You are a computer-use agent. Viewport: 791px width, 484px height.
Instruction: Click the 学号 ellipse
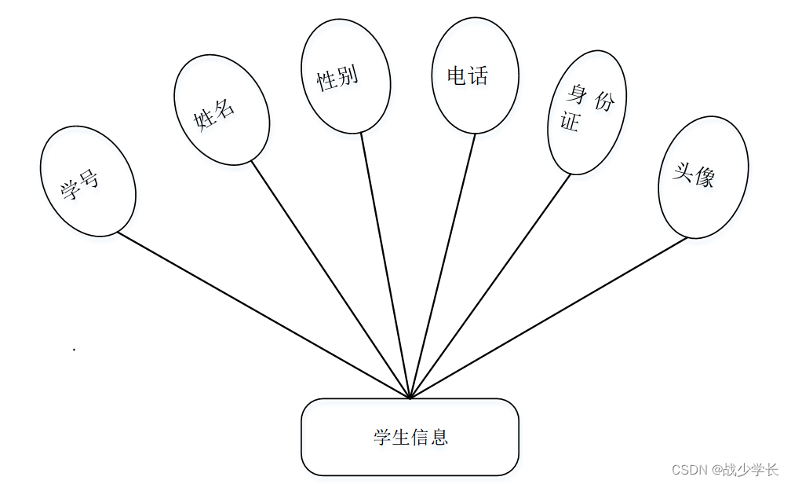pos(88,181)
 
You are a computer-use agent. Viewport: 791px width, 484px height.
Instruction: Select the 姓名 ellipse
pos(221,109)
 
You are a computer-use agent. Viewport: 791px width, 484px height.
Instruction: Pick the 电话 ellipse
pos(475,75)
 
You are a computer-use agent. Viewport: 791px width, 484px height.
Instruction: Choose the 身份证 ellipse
pos(586,112)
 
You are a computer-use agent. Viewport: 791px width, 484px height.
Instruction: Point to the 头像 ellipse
pos(702,177)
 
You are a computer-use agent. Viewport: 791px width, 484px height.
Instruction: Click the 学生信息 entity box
pos(410,437)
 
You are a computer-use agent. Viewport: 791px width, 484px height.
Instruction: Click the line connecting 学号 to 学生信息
pos(263,314)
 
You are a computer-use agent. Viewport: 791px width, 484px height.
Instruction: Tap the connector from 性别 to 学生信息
pos(385,263)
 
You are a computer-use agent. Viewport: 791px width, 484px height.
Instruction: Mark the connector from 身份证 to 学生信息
pos(490,285)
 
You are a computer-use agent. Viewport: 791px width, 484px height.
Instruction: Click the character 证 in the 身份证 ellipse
pos(570,123)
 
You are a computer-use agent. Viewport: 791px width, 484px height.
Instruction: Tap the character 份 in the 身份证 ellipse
pos(603,101)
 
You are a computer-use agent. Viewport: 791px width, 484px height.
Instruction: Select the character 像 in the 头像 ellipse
pos(704,178)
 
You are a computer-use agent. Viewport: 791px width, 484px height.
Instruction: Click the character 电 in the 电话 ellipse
pos(457,75)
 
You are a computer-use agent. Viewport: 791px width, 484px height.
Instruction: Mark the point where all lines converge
pos(410,397)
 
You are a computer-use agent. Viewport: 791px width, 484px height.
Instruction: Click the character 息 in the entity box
pos(439,437)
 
